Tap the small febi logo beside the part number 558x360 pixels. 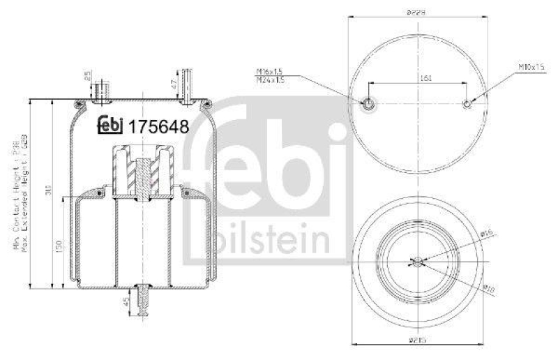pyautogui.click(x=109, y=125)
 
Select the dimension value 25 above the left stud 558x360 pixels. pyautogui.click(x=88, y=76)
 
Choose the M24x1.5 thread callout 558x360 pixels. pyautogui.click(x=271, y=80)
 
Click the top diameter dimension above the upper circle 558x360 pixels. pyautogui.click(x=417, y=10)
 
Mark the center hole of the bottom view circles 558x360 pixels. pyautogui.click(x=416, y=262)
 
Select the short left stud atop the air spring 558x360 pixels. pyautogui.click(x=103, y=89)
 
